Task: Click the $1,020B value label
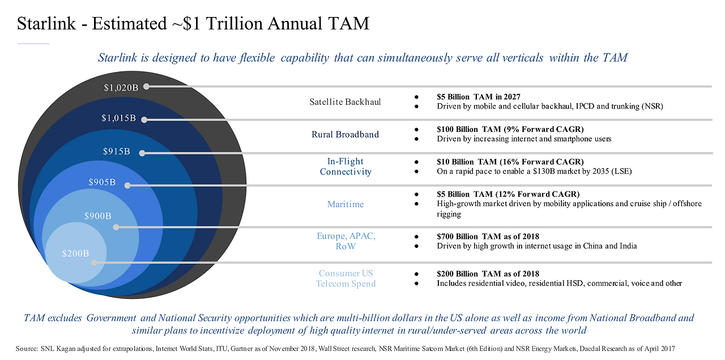(121, 88)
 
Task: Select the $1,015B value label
(118, 118)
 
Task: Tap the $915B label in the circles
(116, 152)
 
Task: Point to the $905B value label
(102, 182)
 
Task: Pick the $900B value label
(97, 216)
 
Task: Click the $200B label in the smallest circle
(75, 253)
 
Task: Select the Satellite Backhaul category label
(345, 102)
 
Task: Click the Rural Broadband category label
(345, 134)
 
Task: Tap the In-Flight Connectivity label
(345, 166)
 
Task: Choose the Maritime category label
(345, 204)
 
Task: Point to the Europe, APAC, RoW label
(346, 241)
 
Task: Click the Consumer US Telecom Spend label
(346, 278)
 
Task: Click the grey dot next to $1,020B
(146, 87)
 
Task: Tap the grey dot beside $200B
(95, 263)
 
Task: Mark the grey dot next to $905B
(128, 185)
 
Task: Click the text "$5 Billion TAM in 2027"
(479, 97)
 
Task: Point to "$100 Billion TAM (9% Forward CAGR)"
(510, 129)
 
